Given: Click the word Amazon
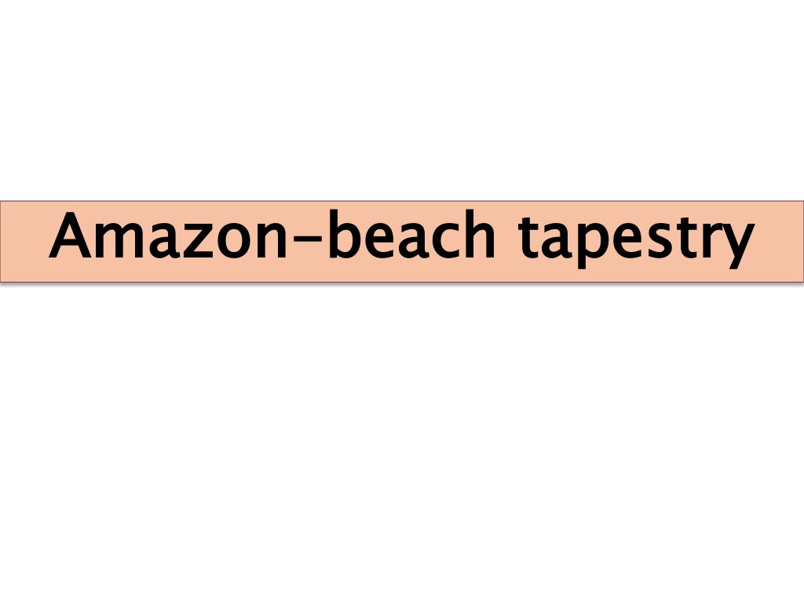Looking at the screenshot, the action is point(168,236).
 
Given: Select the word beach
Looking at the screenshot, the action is point(411,234).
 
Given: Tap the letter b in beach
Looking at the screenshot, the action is point(345,234).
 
